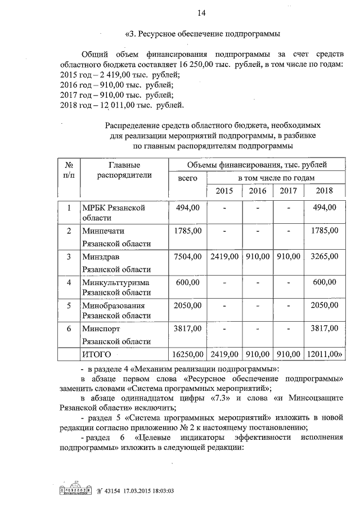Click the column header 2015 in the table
[224, 191]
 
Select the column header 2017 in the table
[288, 191]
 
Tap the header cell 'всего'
[188, 178]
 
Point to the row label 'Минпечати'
[103, 231]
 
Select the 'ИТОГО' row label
[97, 355]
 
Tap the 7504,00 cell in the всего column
[188, 257]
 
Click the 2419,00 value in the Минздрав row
[224, 257]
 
